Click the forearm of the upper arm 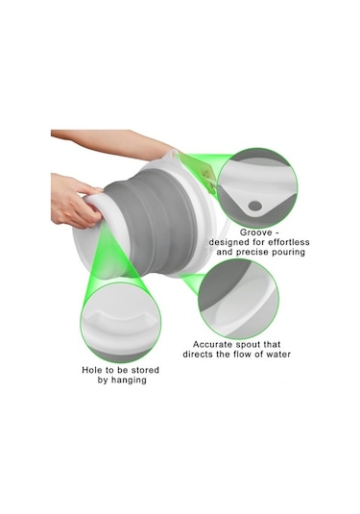(x=106, y=139)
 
